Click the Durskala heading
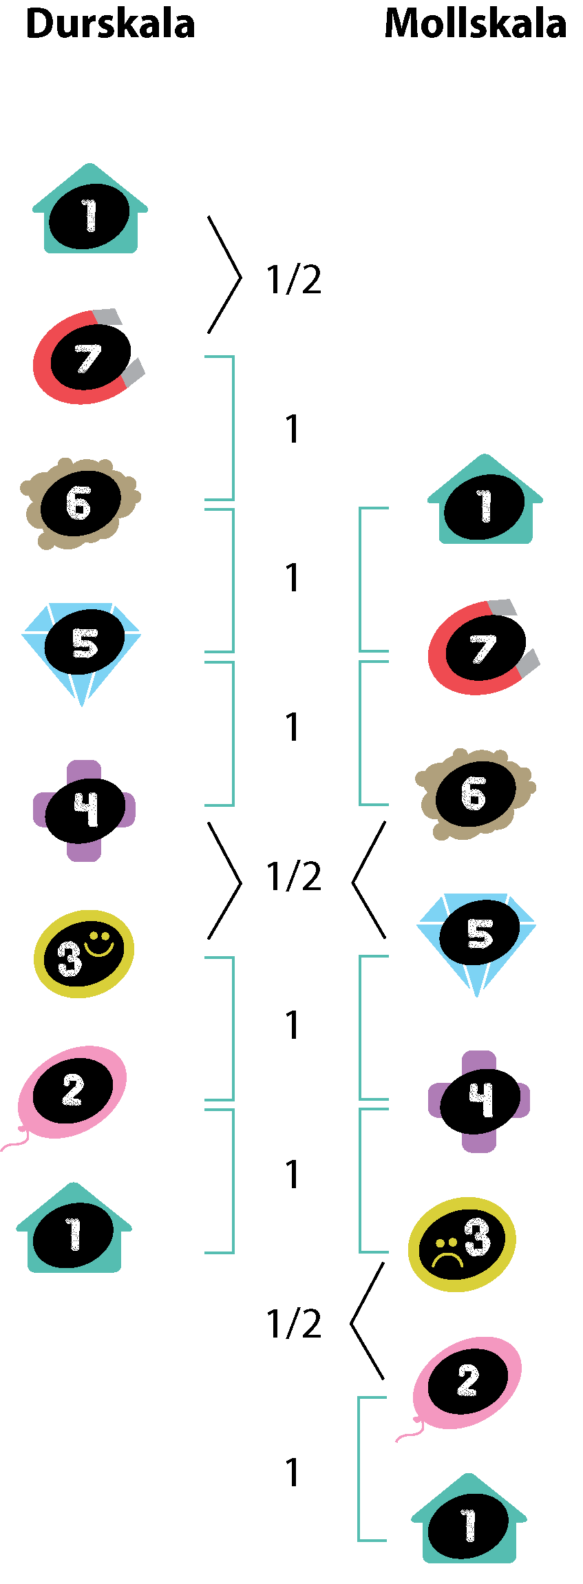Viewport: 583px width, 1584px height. click(x=110, y=24)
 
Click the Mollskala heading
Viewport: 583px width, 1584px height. click(x=476, y=23)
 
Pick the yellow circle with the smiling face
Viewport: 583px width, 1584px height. click(x=84, y=954)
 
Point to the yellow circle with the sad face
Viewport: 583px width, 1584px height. click(x=462, y=1245)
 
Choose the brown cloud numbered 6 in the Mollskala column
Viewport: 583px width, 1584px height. click(x=476, y=794)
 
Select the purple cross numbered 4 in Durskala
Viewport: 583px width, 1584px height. click(x=85, y=810)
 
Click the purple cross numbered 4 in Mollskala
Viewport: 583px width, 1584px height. click(x=479, y=1101)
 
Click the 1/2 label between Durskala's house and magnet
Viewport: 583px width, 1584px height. click(x=294, y=279)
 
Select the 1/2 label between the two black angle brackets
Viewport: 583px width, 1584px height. click(x=294, y=876)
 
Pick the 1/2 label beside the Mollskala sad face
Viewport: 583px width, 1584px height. click(x=294, y=1324)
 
